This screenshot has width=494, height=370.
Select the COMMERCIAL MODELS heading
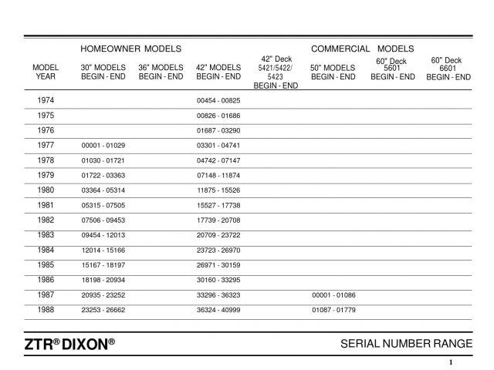click(362, 49)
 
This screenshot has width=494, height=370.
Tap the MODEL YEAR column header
click(46, 72)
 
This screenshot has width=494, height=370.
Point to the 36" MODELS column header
click(161, 72)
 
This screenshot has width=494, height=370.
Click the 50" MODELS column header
click(333, 72)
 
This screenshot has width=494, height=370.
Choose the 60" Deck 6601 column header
click(452, 69)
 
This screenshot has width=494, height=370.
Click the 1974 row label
click(46, 101)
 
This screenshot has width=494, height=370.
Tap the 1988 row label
click(46, 309)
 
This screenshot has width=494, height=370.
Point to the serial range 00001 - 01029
click(103, 146)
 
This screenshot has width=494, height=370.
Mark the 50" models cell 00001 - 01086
click(333, 294)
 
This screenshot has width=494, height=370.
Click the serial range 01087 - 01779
click(333, 309)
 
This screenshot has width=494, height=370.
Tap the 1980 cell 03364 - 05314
click(103, 190)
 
